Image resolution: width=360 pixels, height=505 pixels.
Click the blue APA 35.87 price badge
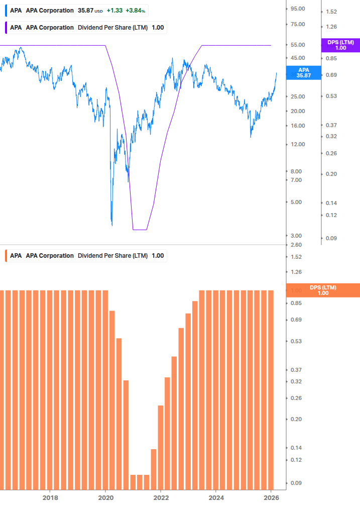point(303,73)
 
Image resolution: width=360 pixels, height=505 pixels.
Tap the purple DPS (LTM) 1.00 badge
point(340,45)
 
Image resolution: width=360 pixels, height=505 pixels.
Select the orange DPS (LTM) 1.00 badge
point(323,290)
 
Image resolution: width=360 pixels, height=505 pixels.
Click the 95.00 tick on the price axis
point(298,9)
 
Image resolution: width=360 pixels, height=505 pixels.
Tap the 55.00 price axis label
point(298,45)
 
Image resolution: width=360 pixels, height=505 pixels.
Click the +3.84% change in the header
point(136,11)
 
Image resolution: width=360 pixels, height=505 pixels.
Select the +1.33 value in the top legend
point(114,11)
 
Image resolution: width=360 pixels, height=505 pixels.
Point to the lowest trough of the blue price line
point(111,225)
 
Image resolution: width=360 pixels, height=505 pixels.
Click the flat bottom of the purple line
point(140,230)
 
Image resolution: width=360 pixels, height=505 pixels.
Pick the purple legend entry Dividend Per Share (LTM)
point(112,28)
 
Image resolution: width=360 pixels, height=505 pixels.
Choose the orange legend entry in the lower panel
point(112,256)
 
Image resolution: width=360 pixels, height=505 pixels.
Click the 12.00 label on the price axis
point(298,145)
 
